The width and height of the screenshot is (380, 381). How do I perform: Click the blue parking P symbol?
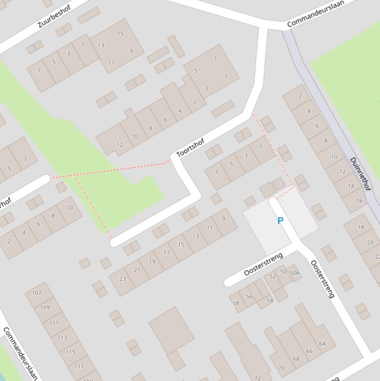280,221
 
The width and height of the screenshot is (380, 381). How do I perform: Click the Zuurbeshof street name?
54,17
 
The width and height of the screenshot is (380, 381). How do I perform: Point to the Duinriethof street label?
360,174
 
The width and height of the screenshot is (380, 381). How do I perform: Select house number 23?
122,279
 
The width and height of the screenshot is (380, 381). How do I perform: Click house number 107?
37,292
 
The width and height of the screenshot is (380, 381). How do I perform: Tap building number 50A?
294,273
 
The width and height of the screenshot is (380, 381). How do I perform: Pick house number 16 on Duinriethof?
359,200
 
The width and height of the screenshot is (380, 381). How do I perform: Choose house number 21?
137,270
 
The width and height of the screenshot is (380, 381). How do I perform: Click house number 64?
322,343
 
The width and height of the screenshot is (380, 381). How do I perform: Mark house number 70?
281,368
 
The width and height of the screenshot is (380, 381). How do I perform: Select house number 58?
236,303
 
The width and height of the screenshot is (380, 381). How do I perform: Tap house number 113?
62,337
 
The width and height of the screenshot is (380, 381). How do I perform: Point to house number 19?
152,261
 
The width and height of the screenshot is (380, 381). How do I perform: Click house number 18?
361,227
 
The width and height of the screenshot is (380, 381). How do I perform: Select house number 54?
269,300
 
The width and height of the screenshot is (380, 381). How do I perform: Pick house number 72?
257,378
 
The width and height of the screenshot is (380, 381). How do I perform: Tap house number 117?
79,366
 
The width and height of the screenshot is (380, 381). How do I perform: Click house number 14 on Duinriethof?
351,186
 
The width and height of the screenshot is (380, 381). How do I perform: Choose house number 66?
309,351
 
